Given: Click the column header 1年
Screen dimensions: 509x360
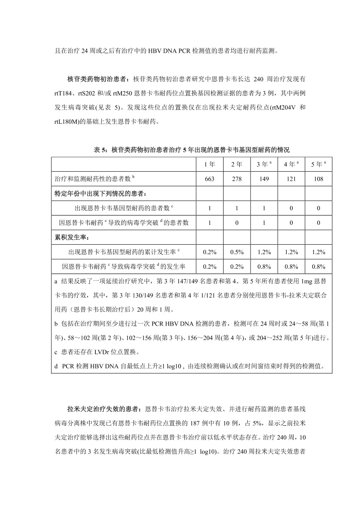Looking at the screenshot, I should [209, 164].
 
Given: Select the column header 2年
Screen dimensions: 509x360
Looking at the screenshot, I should [236, 164].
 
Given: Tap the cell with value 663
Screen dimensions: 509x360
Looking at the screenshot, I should [209, 178].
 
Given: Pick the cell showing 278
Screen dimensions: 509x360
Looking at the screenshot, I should [236, 178].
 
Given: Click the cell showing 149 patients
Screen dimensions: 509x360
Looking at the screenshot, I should [264, 178].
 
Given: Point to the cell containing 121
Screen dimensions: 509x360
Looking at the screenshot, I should [291, 178].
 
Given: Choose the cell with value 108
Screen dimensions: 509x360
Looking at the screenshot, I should [319, 178].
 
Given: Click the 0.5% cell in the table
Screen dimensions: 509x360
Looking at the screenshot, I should [236, 252].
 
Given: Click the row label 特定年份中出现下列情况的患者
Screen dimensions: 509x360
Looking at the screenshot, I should [100, 193].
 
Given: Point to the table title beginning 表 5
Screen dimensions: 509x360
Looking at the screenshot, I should [192, 149].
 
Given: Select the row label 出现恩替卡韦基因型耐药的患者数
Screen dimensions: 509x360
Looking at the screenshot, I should [124, 208].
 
